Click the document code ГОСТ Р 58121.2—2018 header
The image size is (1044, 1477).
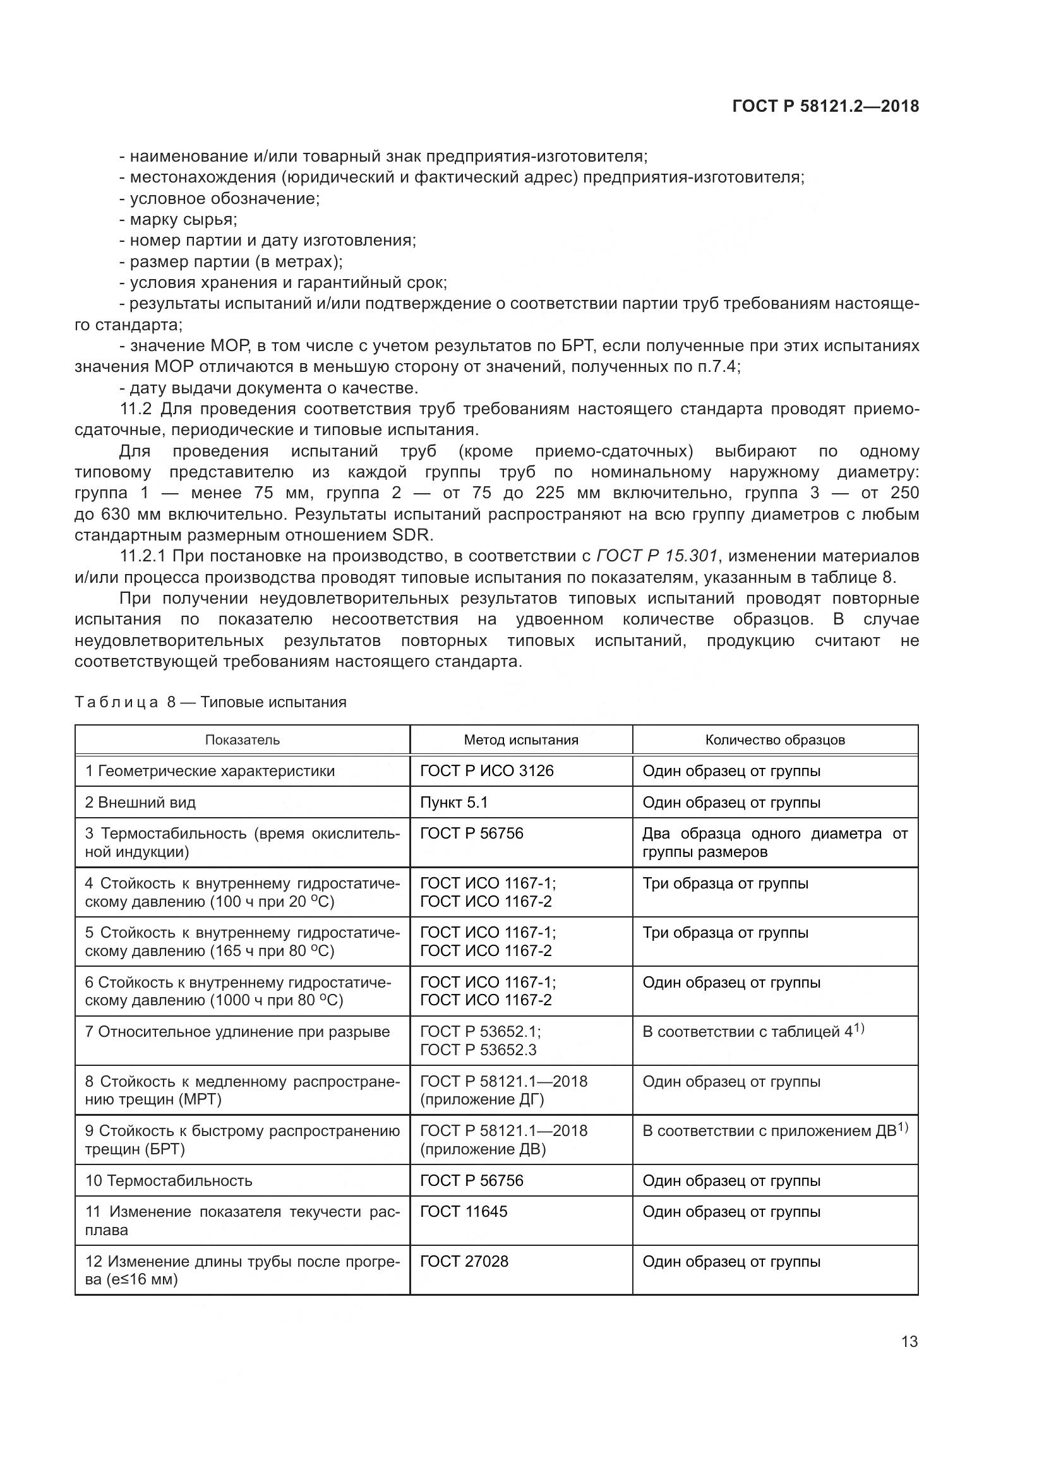(825, 107)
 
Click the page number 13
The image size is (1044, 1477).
(909, 1341)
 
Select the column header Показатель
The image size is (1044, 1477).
(243, 740)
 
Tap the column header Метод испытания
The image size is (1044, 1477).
(521, 740)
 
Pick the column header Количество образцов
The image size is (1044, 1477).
(774, 740)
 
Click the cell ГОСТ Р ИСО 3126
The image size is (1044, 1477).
(486, 770)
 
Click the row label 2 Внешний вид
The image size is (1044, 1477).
(140, 802)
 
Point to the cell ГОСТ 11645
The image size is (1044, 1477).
(463, 1211)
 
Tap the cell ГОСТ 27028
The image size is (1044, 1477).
(464, 1261)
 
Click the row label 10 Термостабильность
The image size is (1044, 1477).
(169, 1180)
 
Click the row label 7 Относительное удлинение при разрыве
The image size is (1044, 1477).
(237, 1032)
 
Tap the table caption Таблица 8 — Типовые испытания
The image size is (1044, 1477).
(210, 702)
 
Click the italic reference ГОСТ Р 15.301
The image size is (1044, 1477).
(658, 555)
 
